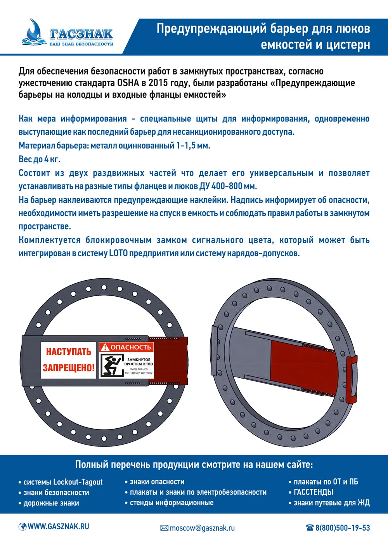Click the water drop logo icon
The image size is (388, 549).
point(34,31)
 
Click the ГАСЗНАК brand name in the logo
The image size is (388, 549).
point(81,34)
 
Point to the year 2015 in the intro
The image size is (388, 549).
point(158,83)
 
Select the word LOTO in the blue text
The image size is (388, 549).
point(118,254)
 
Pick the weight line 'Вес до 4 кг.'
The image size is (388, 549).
point(40,159)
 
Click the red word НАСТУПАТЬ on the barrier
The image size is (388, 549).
point(69,352)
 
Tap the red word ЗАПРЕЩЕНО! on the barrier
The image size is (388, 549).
point(69,368)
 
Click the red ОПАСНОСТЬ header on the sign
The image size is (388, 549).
point(130,347)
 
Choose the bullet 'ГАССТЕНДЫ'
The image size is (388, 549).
point(314,492)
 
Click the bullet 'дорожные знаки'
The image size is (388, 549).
point(51,503)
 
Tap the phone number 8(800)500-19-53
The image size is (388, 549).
point(342,528)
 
